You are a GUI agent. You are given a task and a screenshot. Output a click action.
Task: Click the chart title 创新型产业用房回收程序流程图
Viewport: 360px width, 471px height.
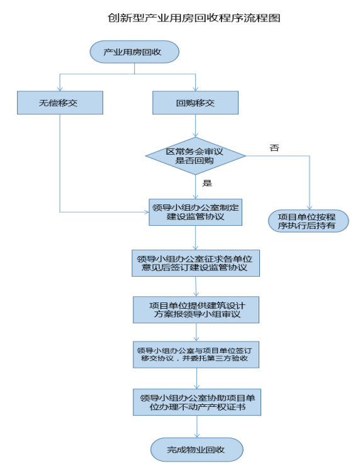[194, 18]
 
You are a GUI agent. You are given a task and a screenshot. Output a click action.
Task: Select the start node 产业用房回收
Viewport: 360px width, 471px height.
[135, 52]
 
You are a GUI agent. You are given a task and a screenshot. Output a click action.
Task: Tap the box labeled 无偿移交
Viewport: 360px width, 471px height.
[60, 103]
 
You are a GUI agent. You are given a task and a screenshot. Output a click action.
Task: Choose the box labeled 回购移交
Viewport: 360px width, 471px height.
[196, 103]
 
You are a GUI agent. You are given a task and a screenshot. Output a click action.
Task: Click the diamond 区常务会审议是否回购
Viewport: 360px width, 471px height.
[196, 156]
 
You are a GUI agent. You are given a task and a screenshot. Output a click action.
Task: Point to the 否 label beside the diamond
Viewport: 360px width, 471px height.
[274, 148]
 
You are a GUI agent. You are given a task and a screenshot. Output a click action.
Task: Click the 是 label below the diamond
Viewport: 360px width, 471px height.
[207, 183]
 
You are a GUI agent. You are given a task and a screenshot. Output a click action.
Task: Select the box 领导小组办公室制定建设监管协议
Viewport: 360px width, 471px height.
[196, 212]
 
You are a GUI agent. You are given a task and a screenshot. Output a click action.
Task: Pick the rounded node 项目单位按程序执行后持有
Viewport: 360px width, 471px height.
[308, 221]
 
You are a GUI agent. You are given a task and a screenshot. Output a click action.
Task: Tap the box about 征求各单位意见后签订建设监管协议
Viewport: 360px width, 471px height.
[196, 263]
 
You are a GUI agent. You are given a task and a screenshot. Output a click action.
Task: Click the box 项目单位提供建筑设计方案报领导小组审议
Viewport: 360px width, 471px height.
[196, 310]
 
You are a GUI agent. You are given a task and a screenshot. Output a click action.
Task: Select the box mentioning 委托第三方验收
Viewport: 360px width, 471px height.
[196, 355]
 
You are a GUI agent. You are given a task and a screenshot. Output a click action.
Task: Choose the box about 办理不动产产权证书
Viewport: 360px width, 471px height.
[197, 402]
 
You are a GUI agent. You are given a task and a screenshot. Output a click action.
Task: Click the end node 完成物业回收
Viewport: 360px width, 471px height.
[197, 450]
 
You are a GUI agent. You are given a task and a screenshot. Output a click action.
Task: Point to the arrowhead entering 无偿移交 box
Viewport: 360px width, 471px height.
[60, 89]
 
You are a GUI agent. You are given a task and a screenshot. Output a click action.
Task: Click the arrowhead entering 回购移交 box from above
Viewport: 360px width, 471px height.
[196, 89]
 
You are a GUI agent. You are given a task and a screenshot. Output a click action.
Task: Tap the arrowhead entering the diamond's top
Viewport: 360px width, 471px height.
[196, 135]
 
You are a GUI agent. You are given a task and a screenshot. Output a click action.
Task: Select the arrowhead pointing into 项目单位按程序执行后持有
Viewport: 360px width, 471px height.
[310, 208]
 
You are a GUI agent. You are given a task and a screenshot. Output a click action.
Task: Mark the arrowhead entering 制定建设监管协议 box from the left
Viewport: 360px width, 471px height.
[147, 212]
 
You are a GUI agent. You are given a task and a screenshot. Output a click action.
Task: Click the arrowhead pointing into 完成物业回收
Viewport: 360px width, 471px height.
[197, 436]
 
